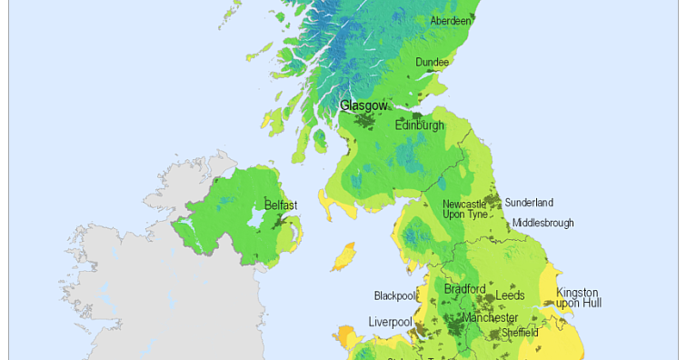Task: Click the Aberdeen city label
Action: tap(451, 20)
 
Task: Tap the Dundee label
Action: tap(433, 62)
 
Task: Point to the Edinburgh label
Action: tap(420, 125)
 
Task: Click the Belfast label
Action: tap(281, 205)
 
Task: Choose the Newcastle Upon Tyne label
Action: tap(465, 209)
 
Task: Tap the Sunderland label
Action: tap(529, 203)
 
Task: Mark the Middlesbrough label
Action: tap(543, 222)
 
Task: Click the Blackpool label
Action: tap(394, 295)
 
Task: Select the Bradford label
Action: tap(465, 289)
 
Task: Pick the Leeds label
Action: tap(510, 295)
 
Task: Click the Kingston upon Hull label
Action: tap(578, 297)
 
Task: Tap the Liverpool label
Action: tap(390, 321)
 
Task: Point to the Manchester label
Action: tap(490, 318)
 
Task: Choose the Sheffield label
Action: tap(520, 333)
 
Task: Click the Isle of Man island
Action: tap(343, 258)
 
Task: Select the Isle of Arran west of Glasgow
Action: tap(321, 139)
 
